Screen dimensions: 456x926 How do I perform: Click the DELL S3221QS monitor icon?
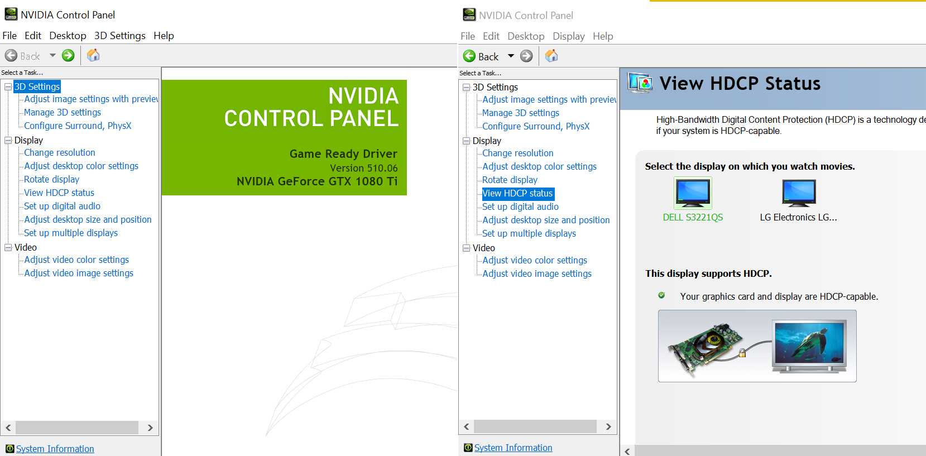pos(693,193)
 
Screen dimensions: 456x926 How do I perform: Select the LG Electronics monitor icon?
pos(799,193)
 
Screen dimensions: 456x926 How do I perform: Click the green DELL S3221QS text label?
pos(693,217)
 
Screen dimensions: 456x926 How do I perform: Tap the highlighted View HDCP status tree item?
pos(517,193)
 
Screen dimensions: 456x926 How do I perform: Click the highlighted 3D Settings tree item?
pos(37,87)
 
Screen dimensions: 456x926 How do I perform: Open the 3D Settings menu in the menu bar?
pos(119,36)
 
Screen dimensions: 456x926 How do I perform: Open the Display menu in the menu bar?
pos(568,36)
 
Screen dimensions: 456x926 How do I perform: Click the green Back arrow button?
pos(470,56)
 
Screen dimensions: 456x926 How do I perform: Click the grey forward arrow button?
pos(526,56)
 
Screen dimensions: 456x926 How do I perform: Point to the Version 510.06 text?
pos(363,168)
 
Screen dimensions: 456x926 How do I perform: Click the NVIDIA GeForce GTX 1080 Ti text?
pos(317,181)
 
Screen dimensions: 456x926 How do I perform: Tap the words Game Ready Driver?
pos(343,154)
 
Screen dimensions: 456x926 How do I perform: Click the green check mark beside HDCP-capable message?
pos(661,295)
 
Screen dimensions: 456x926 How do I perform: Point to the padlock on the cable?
pos(742,353)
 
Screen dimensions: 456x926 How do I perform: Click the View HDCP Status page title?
pos(740,84)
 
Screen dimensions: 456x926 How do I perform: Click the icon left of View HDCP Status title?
pos(640,83)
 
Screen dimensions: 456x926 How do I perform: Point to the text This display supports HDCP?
pos(708,273)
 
